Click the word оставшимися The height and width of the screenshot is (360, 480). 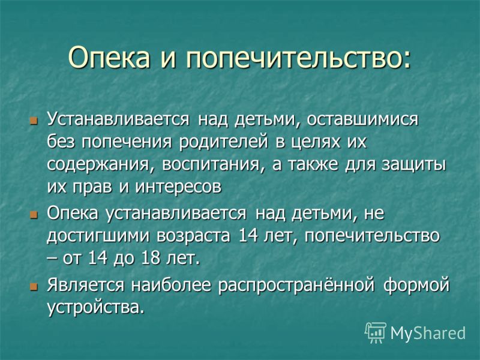coord(362,119)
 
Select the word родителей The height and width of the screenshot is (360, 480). coord(223,143)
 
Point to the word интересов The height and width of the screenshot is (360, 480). coord(178,187)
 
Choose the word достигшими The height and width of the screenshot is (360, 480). coord(98,237)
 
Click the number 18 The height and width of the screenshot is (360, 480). coord(151,258)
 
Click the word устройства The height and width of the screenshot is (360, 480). coord(95,307)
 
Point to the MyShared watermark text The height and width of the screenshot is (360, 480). coord(428,333)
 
